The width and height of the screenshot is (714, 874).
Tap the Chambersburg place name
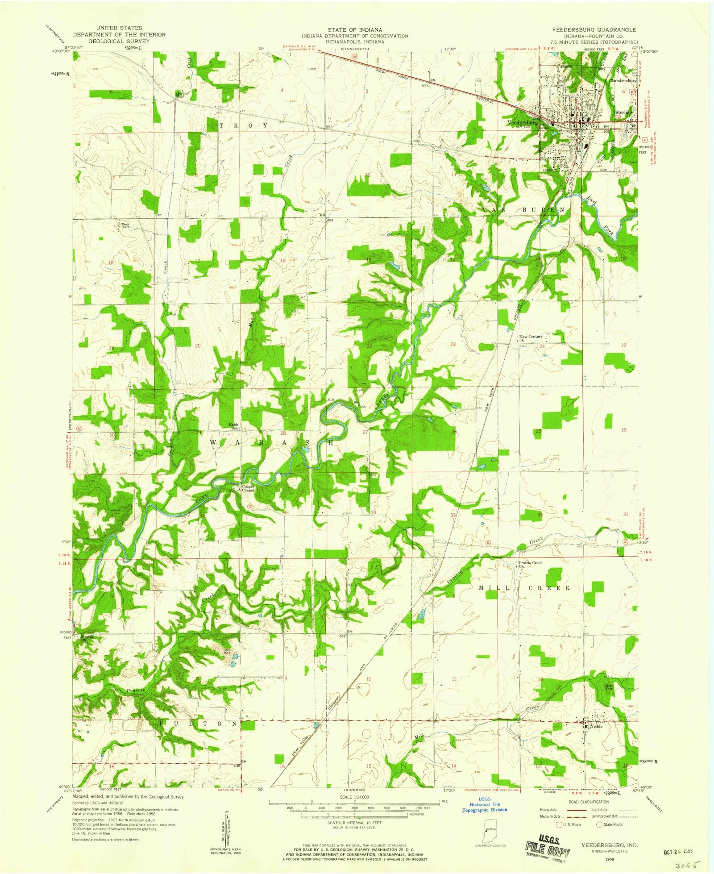click(x=623, y=81)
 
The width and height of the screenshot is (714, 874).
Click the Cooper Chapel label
click(x=248, y=488)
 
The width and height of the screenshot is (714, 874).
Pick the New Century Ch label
click(x=531, y=338)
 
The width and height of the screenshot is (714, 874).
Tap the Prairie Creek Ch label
click(x=530, y=564)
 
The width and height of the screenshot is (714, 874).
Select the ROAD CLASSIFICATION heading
click(x=588, y=802)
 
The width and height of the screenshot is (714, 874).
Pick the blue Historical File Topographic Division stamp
click(x=485, y=804)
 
